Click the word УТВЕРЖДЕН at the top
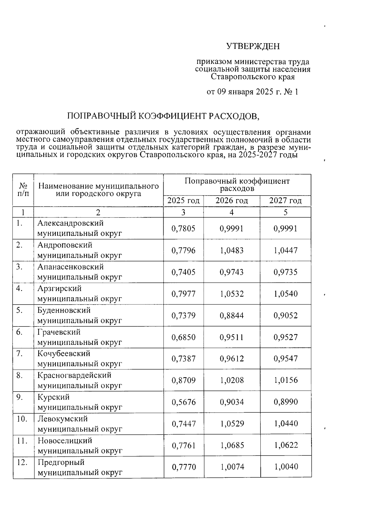tap(253, 46)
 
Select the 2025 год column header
tap(183, 201)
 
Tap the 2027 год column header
tap(285, 201)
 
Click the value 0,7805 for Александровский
tap(183, 229)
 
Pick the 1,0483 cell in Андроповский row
tap(232, 250)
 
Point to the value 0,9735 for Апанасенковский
tap(285, 272)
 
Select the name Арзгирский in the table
tap(60, 288)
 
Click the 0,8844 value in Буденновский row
tap(232, 315)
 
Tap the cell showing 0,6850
tap(183, 337)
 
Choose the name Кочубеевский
tap(64, 353)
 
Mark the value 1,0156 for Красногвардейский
tap(286, 380)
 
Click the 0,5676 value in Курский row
tap(183, 402)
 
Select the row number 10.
tap(22, 419)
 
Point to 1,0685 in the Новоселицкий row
tap(232, 445)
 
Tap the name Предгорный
tap(61, 462)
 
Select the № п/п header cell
tap(23, 190)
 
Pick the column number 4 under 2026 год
tap(232, 212)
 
